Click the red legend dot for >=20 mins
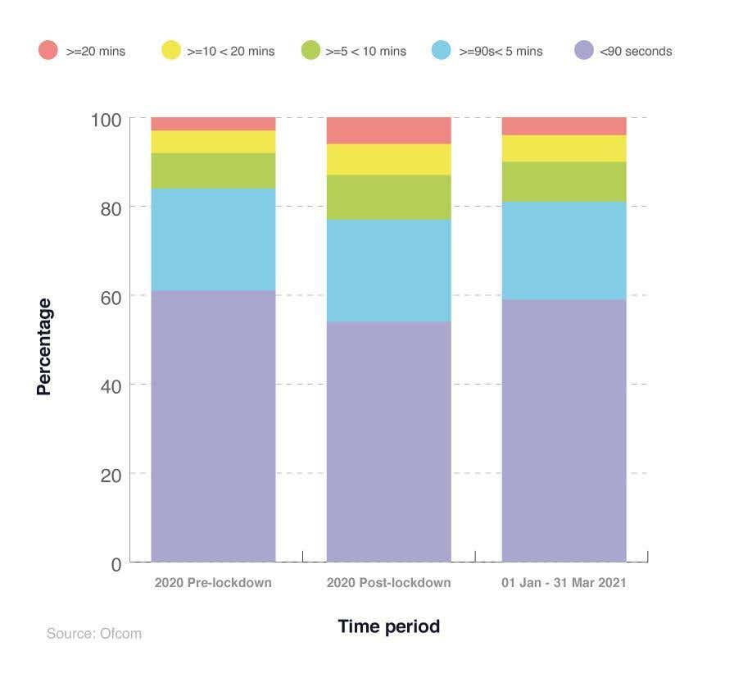48,50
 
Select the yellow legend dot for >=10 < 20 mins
170,50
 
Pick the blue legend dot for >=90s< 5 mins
442,50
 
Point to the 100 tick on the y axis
106,120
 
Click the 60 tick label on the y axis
111,297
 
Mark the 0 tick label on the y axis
116,564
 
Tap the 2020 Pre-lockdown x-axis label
213,583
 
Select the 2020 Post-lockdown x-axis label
388,583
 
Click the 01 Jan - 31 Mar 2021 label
564,583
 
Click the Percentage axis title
44,347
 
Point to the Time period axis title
388,626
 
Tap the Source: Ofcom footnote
93,633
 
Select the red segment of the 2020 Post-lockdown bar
388,130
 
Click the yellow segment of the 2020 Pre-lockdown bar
213,142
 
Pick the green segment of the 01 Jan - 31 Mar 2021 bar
564,181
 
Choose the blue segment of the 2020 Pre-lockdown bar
213,239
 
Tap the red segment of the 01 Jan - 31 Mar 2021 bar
564,126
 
